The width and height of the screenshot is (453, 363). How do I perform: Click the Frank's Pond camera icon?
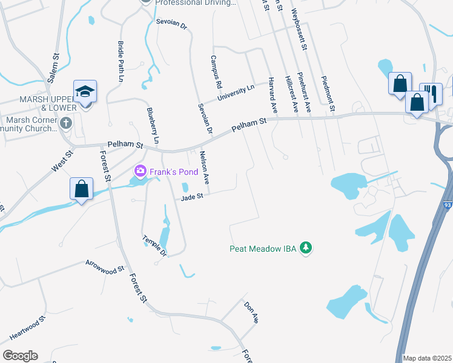(x=141, y=171)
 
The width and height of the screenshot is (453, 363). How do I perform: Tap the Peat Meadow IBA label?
(x=264, y=248)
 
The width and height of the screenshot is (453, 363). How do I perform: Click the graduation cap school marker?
(x=85, y=92)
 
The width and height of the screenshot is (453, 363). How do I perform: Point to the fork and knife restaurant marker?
(x=430, y=92)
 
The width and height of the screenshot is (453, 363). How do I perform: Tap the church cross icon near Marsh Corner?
(x=67, y=123)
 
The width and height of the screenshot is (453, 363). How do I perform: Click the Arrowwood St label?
(x=105, y=265)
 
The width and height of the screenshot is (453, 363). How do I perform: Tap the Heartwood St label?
(x=27, y=327)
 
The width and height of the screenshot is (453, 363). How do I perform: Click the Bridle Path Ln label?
(x=121, y=62)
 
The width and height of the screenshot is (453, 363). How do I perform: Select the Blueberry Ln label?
(x=152, y=125)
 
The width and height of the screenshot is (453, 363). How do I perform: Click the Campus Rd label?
(x=216, y=70)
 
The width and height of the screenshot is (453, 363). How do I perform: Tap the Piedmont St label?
(x=329, y=94)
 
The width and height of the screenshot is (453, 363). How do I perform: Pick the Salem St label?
(x=54, y=68)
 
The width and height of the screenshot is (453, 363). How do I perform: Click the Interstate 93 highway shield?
(x=448, y=206)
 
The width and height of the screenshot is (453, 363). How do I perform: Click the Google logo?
(x=20, y=355)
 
